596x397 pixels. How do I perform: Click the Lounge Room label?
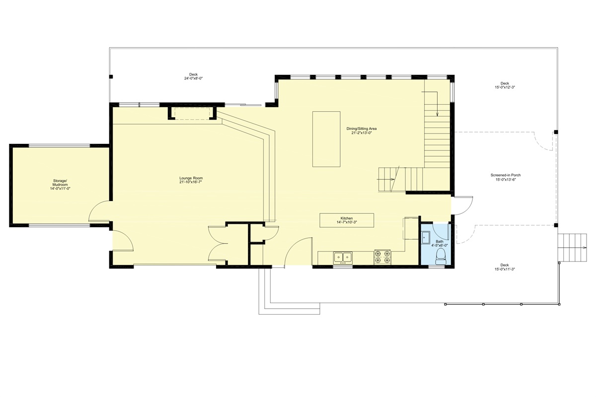click(x=191, y=178)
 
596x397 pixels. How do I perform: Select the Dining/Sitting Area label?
click(x=361, y=129)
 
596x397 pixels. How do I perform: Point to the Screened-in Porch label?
click(x=505, y=175)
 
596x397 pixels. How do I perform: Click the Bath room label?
click(x=440, y=242)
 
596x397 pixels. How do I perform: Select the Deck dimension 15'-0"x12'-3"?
click(x=505, y=87)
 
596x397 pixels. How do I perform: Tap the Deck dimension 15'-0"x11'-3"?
click(x=505, y=269)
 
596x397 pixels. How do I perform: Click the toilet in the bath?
click(x=440, y=255)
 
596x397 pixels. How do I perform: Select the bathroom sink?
click(x=426, y=238)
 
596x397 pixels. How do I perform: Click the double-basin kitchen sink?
click(x=342, y=257)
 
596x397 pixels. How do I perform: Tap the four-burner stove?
click(x=382, y=257)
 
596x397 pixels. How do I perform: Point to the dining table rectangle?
click(x=326, y=139)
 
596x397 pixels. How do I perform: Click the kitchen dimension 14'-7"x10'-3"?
click(x=347, y=222)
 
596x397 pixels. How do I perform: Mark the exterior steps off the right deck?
click(x=572, y=248)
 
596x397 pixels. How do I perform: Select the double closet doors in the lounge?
click(x=218, y=243)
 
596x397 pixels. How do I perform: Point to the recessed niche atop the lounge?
click(x=193, y=113)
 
